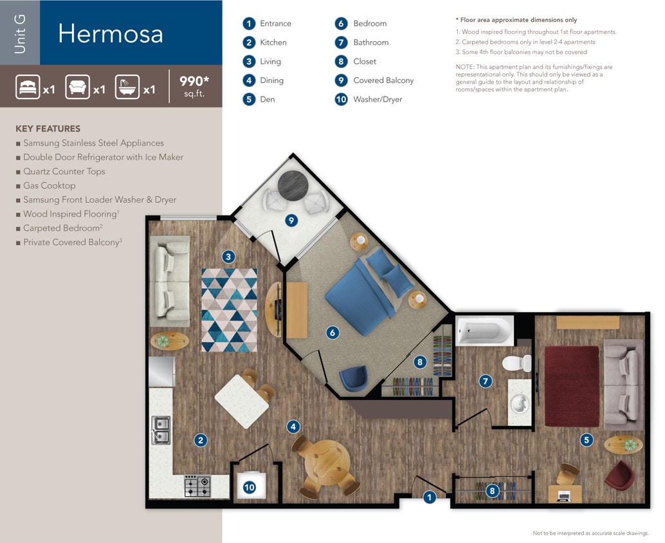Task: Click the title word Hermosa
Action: point(110,33)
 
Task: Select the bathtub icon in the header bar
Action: point(127,87)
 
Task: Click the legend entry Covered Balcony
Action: point(383,80)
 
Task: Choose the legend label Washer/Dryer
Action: point(378,100)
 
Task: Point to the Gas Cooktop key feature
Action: point(49,185)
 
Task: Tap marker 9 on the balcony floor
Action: point(291,221)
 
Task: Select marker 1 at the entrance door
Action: point(430,497)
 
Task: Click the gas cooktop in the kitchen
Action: point(197,486)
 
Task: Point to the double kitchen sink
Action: point(161,430)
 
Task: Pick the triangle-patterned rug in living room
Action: point(229,309)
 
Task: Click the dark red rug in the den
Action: point(572,386)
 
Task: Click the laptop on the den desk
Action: point(564,495)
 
